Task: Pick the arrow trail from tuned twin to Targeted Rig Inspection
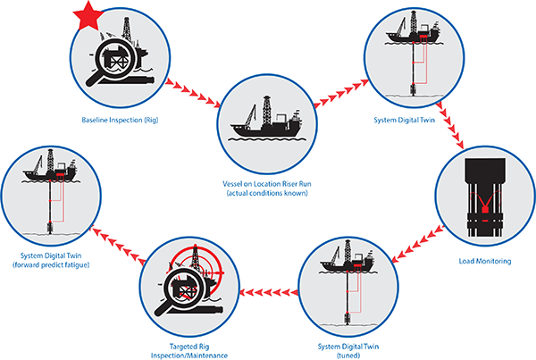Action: pos(268,289)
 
